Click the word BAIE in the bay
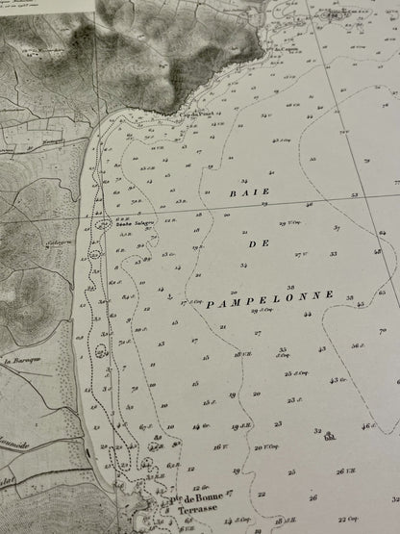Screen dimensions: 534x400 point(249,191)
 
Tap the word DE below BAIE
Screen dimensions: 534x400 point(257,244)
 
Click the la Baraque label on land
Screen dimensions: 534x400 point(18,361)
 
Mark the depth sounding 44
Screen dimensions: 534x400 point(308,315)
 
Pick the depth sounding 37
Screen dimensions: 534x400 point(337,228)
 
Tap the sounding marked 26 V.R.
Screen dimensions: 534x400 point(345,470)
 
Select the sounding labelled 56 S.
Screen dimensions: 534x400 point(358,345)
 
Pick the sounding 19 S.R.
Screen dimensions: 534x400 point(239,426)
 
